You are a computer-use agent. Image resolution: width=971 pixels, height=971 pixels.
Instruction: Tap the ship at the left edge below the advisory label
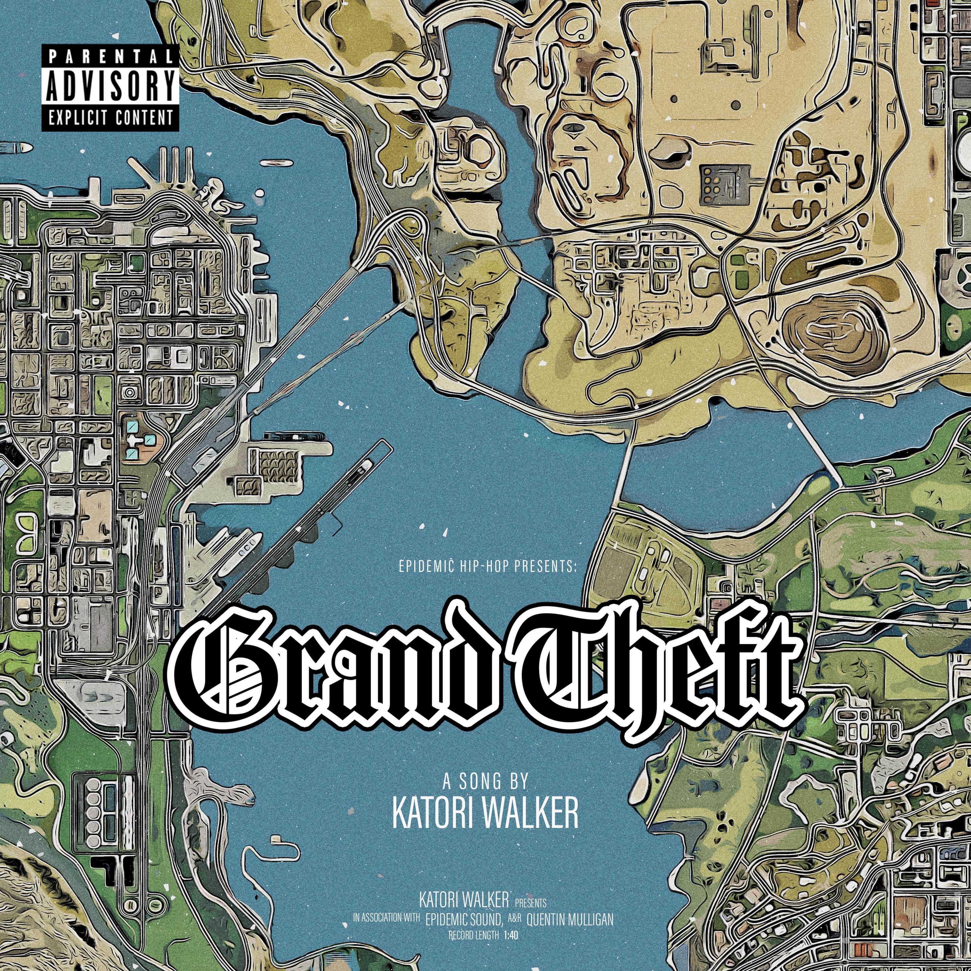15,148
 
